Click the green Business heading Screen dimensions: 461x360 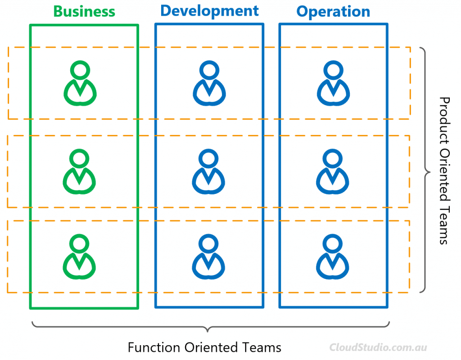click(84, 12)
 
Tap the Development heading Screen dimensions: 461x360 click(209, 11)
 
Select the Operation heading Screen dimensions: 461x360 click(333, 12)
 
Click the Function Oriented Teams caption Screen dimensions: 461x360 click(204, 347)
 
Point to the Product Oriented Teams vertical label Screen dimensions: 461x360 click(444, 171)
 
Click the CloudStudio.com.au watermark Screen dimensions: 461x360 click(378, 347)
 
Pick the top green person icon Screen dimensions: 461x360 click(80, 83)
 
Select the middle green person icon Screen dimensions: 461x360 click(79, 171)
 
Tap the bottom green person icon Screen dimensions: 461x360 click(79, 256)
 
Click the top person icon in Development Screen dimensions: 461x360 click(209, 83)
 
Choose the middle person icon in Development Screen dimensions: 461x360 click(208, 171)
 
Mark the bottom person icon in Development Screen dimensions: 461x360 click(208, 256)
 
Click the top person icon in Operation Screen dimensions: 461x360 click(333, 83)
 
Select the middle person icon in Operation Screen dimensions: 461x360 click(333, 171)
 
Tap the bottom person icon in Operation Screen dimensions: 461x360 click(333, 256)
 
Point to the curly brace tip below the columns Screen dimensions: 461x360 click(208, 332)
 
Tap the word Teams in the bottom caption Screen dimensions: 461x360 click(262, 347)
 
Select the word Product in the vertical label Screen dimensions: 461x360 click(444, 121)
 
